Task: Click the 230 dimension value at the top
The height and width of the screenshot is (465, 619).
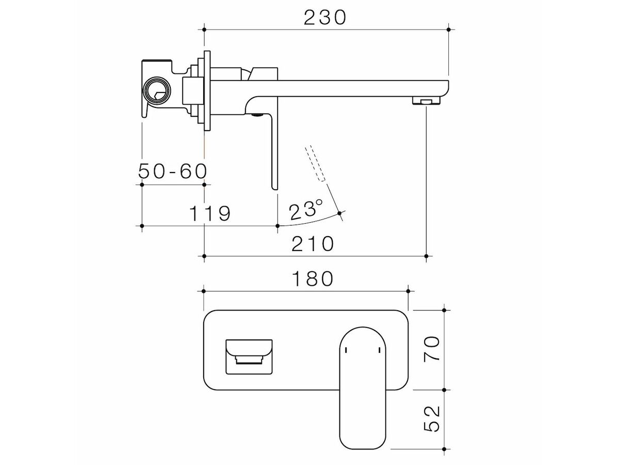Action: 324,17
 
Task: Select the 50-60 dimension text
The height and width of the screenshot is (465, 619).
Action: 173,171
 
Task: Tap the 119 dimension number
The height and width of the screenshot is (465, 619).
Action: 209,213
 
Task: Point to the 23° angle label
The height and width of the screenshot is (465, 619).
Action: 305,211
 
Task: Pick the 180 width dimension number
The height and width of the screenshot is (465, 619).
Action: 313,279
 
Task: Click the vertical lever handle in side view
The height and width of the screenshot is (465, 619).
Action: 273,150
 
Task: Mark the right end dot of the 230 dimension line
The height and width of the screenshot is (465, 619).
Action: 448,30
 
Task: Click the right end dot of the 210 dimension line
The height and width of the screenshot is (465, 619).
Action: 426,256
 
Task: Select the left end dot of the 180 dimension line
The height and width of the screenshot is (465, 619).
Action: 205,291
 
